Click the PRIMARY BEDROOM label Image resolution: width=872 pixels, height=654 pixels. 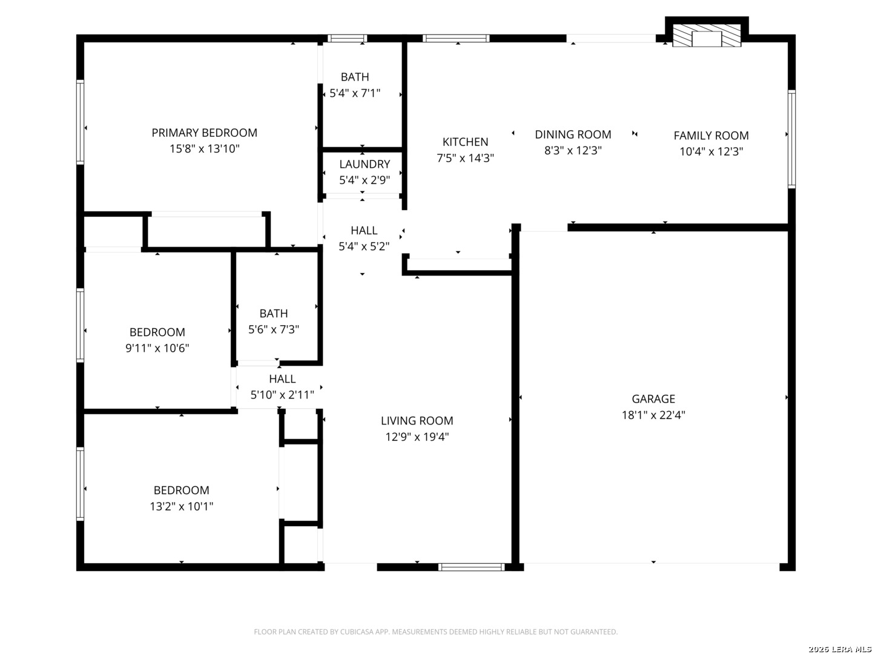coord(204,133)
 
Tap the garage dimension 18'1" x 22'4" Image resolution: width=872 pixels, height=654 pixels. coord(653,415)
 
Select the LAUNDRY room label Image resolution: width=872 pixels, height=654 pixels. coord(365,164)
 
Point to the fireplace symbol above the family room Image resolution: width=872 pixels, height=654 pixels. coord(706,36)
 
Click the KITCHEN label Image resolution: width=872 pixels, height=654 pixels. coord(465,142)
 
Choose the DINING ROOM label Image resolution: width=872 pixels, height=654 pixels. coord(573,134)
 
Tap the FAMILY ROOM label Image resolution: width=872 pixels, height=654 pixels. coord(711,136)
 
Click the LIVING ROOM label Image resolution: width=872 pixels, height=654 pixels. coord(417,420)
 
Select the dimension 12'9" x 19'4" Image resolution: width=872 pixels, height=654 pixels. coord(417,437)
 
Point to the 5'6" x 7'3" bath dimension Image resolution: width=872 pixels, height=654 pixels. coord(273,329)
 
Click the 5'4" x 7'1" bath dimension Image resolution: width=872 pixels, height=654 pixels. coord(355,93)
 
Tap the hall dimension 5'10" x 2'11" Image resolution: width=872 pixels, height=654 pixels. coord(282,395)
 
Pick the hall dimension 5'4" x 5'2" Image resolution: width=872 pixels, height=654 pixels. coord(364,246)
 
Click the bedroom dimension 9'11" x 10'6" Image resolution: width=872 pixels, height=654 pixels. coord(157,348)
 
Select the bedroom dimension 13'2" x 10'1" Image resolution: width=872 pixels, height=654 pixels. coord(181,506)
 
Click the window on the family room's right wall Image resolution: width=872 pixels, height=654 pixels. coord(791,139)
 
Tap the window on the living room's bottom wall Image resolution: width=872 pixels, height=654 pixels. coord(472,567)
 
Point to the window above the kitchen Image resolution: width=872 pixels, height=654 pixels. coord(455,39)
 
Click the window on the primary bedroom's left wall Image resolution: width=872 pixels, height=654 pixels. coord(81,122)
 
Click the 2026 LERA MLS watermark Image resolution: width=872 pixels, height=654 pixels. coord(839,649)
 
